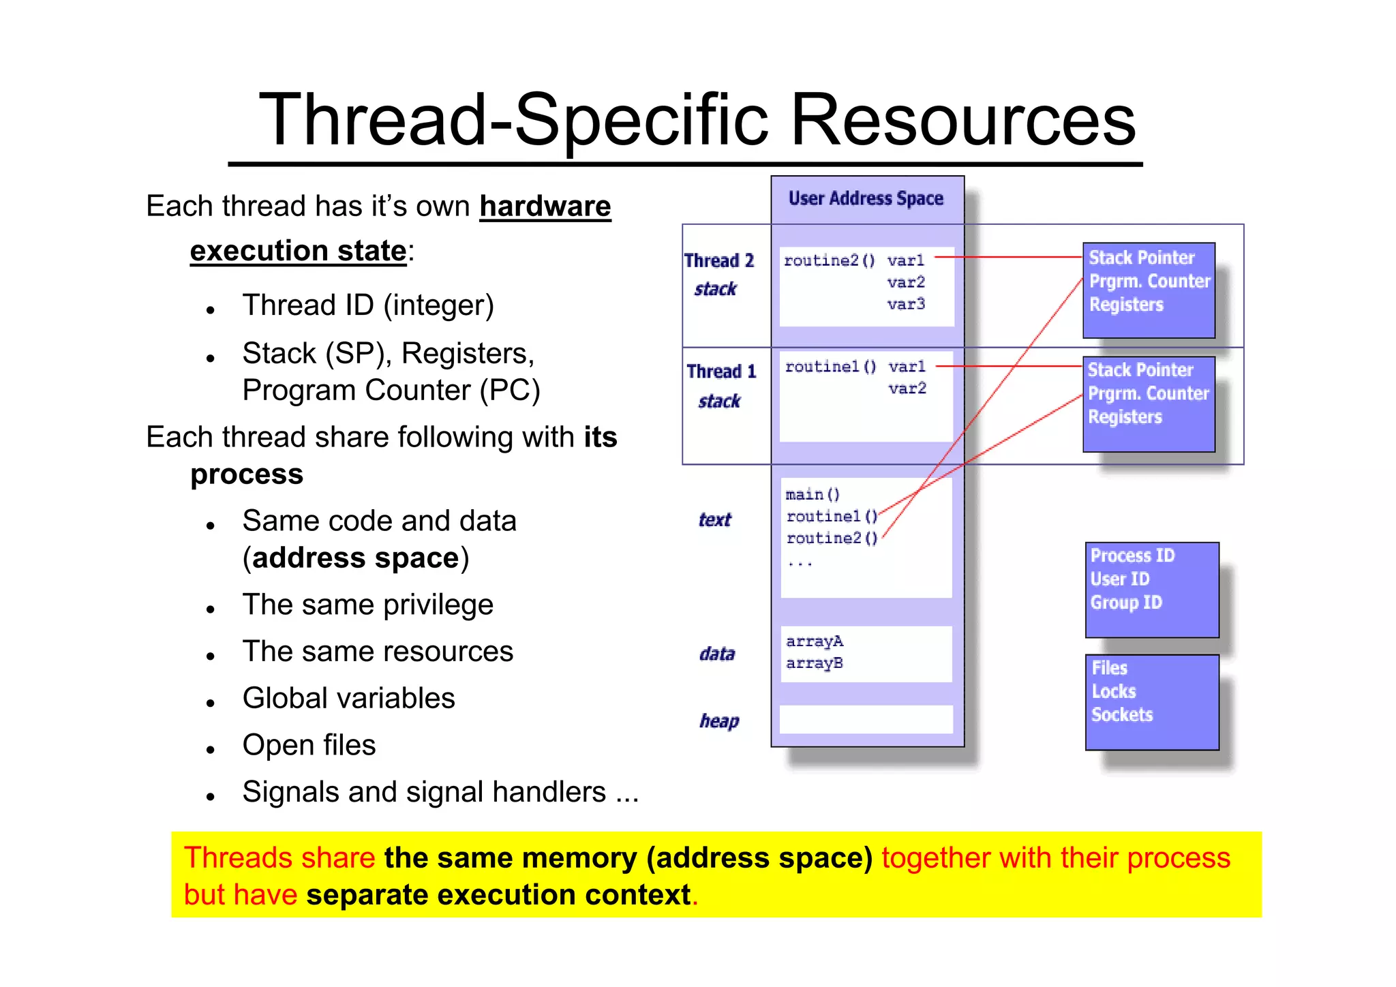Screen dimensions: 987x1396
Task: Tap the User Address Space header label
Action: click(866, 198)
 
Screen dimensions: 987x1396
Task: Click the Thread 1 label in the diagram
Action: click(721, 371)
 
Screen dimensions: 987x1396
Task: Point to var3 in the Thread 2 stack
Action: click(906, 304)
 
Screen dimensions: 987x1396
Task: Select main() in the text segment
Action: click(813, 494)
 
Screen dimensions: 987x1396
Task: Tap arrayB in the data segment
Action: click(815, 663)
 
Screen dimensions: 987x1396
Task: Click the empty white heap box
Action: click(866, 719)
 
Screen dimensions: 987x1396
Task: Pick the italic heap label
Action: click(718, 720)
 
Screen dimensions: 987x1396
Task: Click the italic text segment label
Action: click(714, 520)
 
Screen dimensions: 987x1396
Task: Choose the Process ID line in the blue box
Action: click(1132, 556)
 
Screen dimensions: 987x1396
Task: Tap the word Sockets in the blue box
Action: click(1122, 714)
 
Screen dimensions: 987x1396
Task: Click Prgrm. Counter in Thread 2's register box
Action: click(1149, 281)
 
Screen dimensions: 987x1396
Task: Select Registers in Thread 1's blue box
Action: click(1125, 416)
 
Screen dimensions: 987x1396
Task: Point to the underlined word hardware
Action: click(545, 206)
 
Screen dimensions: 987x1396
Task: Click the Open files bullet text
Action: click(309, 745)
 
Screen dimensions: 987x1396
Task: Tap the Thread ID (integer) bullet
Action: click(368, 305)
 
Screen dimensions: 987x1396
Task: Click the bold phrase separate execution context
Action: click(498, 894)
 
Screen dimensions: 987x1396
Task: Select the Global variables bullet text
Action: click(348, 698)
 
